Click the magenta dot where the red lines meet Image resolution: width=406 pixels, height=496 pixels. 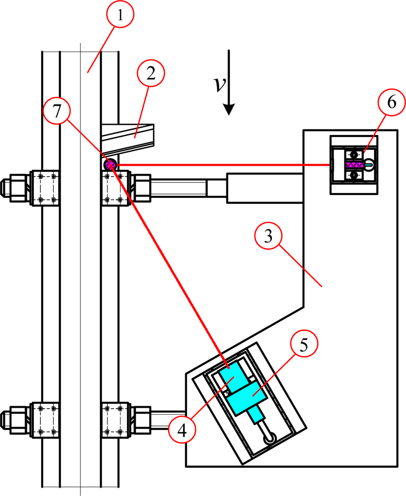pyautogui.click(x=110, y=164)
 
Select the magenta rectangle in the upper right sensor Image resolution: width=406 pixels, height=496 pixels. pyautogui.click(x=354, y=164)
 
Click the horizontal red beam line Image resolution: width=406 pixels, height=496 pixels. pyautogui.click(x=223, y=164)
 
